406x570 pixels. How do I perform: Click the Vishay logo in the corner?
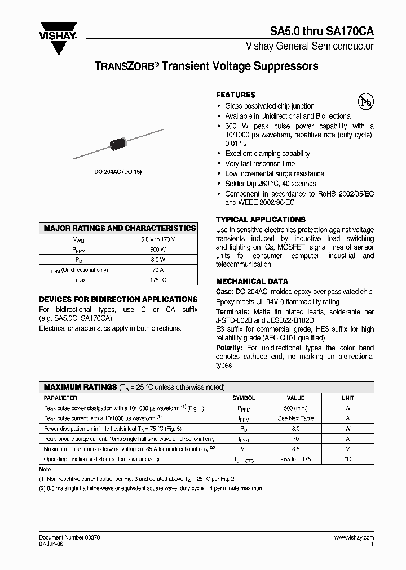coord(58,36)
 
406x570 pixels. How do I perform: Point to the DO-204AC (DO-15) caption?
coord(118,172)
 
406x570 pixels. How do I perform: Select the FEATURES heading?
coord(236,95)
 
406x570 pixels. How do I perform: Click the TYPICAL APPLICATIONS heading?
coord(261,220)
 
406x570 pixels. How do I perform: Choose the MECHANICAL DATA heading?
coord(252,281)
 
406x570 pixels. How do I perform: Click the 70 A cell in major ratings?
coord(158,270)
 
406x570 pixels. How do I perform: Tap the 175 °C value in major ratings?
coord(158,280)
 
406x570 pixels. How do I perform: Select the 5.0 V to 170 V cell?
coord(158,239)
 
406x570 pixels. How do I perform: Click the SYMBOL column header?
coord(244,398)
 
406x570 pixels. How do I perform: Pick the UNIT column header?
coord(347,398)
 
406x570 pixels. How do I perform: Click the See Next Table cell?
coord(296,418)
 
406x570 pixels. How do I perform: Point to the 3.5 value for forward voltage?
coord(296,449)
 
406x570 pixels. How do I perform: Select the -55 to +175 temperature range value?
coord(296,459)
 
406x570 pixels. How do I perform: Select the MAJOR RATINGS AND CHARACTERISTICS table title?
coord(120,228)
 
